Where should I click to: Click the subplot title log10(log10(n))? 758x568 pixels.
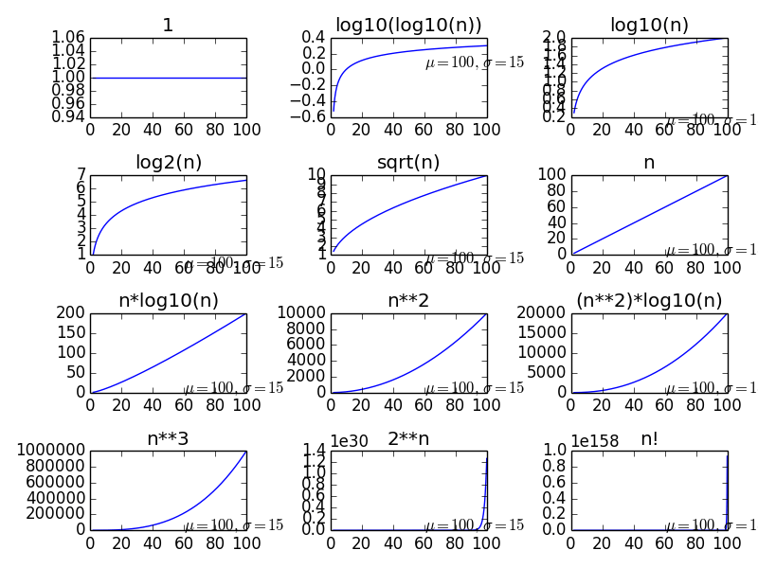coord(408,26)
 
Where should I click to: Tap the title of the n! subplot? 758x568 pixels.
coord(649,439)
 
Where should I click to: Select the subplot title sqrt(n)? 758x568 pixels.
coord(408,163)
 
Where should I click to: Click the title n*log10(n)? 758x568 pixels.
coord(168,301)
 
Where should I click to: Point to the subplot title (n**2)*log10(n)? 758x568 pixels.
coord(649,301)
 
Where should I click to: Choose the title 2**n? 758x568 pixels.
coord(408,439)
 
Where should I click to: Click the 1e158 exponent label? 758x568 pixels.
coord(599,440)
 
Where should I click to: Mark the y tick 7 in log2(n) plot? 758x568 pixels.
coord(81,175)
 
